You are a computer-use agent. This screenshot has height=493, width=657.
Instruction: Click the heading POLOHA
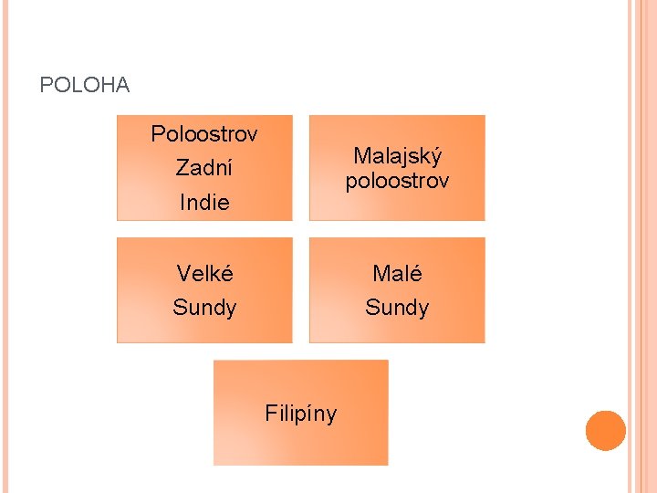pos(85,86)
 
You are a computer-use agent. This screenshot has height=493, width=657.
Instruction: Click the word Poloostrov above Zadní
pos(204,134)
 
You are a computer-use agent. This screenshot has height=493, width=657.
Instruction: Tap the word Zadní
pos(204,168)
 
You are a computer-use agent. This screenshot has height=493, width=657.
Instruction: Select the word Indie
pos(204,202)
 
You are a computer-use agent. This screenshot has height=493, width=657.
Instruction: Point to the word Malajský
pos(397,156)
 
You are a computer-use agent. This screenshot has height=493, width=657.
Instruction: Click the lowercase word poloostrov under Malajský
pos(397,181)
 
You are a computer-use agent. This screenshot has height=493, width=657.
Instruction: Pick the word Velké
pos(204,273)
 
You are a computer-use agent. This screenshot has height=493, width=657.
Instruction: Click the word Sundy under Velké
pos(204,307)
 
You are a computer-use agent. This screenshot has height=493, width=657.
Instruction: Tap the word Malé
pos(397,273)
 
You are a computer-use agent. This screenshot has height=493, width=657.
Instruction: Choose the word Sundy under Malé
pos(397,307)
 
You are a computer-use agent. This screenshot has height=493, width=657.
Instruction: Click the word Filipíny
pos(300,414)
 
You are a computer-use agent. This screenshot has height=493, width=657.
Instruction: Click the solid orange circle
pos(606,431)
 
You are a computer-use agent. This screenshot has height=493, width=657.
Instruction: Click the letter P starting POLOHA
pos(46,86)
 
